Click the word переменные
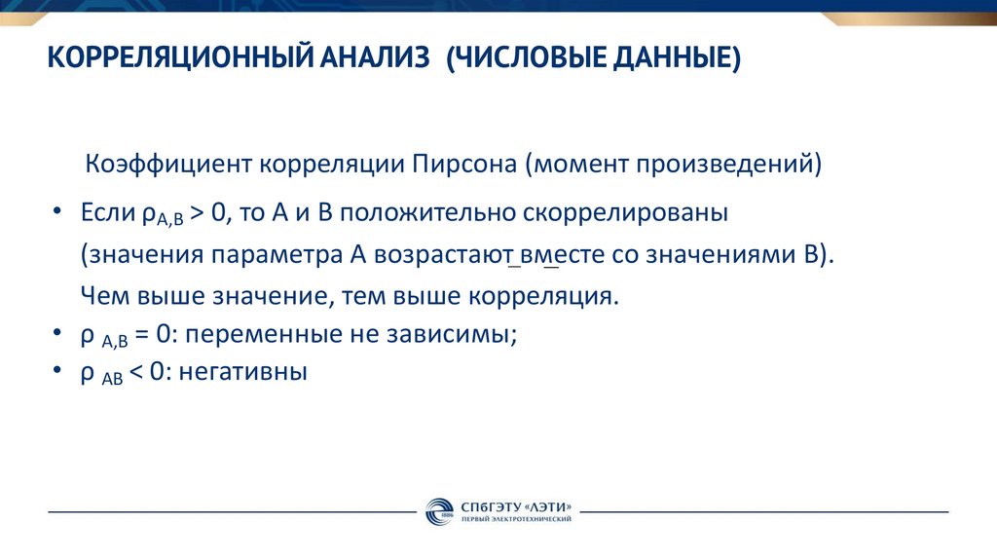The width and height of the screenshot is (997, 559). pos(254,335)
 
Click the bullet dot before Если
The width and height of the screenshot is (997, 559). pos(59,214)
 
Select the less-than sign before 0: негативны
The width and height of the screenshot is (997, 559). pos(136,372)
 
